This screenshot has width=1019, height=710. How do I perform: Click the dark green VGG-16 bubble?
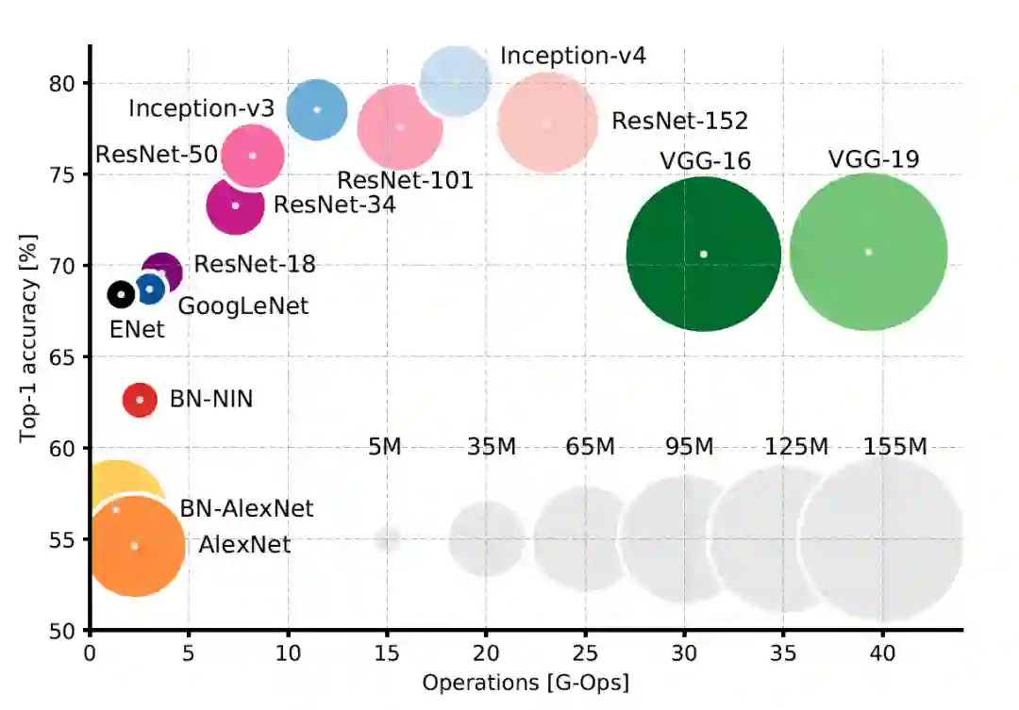[x=703, y=254]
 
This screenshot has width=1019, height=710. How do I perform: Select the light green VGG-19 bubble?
[x=868, y=252]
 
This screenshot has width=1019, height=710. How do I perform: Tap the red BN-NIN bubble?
[x=140, y=400]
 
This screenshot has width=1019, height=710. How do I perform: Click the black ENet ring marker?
[x=121, y=294]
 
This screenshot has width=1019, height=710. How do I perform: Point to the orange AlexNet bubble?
[x=135, y=546]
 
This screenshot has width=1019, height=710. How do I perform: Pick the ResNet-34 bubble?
[x=235, y=206]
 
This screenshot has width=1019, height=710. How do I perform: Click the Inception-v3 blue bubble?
[x=317, y=109]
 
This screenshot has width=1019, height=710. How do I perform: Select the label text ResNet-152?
[x=679, y=121]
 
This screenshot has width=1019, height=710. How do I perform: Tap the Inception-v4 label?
[x=573, y=55]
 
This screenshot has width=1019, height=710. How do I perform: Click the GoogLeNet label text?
[x=242, y=305]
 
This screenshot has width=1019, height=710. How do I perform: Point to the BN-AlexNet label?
[x=246, y=509]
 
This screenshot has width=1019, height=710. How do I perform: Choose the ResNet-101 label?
[x=405, y=180]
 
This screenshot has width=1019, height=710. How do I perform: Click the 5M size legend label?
[x=385, y=447]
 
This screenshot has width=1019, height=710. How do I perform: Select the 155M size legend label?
[x=895, y=447]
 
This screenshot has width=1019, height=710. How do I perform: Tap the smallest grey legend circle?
[x=387, y=540]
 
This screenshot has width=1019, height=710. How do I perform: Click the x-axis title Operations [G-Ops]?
[x=526, y=682]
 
